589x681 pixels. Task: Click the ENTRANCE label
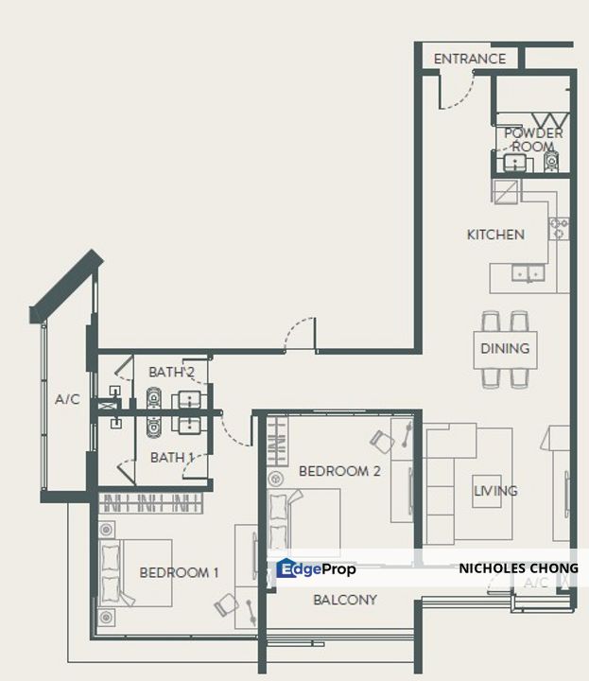pos(470,59)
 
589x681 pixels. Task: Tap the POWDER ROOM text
pos(533,139)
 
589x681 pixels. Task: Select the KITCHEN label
pos(495,235)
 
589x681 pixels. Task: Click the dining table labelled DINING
pos(505,350)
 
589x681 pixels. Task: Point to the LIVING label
pos(495,491)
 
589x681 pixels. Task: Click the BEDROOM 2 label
pos(339,471)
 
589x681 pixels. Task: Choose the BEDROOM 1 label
pos(179,572)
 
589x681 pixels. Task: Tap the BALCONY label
pos(345,600)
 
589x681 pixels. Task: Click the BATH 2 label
pos(171,372)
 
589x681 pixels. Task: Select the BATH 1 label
pos(171,457)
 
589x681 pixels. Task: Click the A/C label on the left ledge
pos(67,399)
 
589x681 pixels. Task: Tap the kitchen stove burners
pos(559,229)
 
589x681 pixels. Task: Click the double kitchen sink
pos(528,273)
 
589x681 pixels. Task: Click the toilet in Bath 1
pos(153,426)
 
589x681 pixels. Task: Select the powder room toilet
pos(551,161)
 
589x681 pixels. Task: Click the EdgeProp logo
pos(316,568)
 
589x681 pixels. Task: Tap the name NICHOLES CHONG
pos(518,568)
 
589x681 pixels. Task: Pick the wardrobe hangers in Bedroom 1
pos(151,503)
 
